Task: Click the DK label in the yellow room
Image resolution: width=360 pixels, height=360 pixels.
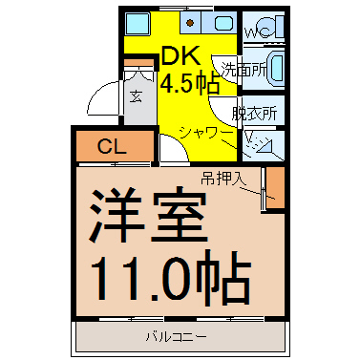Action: pyautogui.click(x=180, y=55)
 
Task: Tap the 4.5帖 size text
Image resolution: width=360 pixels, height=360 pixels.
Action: pyautogui.click(x=190, y=83)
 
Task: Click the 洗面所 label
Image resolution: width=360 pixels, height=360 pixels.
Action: pyautogui.click(x=244, y=69)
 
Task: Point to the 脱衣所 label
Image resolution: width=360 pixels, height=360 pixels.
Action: pyautogui.click(x=254, y=113)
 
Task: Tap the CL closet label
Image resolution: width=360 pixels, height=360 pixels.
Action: pyautogui.click(x=112, y=147)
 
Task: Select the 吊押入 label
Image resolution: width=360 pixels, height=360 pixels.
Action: pyautogui.click(x=223, y=180)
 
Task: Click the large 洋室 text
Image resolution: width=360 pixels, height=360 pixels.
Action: pyautogui.click(x=148, y=214)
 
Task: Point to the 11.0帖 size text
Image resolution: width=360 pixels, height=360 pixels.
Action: pyautogui.click(x=170, y=276)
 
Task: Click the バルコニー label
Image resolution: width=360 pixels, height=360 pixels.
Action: pyautogui.click(x=177, y=336)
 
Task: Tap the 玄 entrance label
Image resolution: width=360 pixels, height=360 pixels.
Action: pyautogui.click(x=136, y=96)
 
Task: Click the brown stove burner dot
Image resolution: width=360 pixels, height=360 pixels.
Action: pyautogui.click(x=190, y=23)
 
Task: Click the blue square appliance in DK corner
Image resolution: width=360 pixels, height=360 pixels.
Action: pyautogui.click(x=136, y=23)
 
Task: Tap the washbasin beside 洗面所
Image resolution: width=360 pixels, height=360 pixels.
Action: pyautogui.click(x=276, y=69)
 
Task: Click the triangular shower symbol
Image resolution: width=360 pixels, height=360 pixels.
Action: pyautogui.click(x=265, y=146)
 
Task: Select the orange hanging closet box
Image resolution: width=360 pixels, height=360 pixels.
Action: pyautogui.click(x=275, y=188)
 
